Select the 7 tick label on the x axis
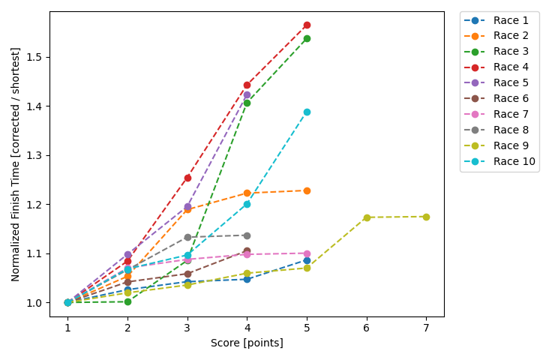pos(426,328)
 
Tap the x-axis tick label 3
pos(187,328)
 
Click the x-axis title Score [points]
pos(247,343)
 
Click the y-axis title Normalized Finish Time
pos(16,163)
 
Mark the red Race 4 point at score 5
pos(307,25)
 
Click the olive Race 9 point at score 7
pos(426,217)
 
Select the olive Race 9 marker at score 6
pos(367,217)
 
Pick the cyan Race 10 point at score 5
pos(307,112)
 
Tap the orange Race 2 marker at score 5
pos(307,190)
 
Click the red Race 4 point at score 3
pos(187,178)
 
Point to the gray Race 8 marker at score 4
pos(247,235)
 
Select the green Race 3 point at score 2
pos(127,301)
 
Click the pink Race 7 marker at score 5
pos(307,253)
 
